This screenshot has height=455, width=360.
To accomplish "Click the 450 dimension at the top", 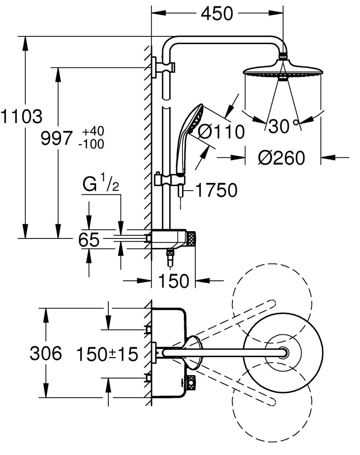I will [x=216, y=14].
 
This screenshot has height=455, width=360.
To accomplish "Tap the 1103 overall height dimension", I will [x=21, y=116].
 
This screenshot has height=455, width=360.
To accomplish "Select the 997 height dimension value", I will [x=56, y=137].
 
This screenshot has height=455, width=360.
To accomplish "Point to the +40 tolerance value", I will [x=93, y=131].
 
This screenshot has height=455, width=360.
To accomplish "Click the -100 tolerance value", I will [x=91, y=144].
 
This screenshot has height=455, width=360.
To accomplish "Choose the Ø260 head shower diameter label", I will [x=281, y=158].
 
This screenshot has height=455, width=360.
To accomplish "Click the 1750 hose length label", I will [x=216, y=191].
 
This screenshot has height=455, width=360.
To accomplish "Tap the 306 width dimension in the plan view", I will [x=46, y=353].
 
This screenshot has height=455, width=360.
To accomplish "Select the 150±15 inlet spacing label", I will [x=107, y=353].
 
